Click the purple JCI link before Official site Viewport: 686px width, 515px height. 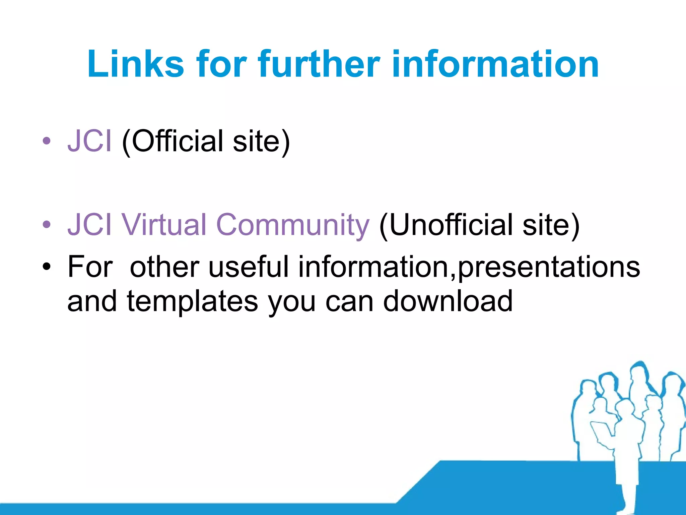click(x=89, y=141)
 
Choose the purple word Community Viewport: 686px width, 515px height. click(x=293, y=225)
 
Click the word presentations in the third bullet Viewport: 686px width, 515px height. click(x=549, y=267)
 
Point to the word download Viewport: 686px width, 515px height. click(x=448, y=301)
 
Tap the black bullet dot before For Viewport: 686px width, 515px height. click(x=47, y=267)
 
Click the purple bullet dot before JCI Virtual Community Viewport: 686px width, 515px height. click(x=47, y=224)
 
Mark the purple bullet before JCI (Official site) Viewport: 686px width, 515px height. click(x=47, y=141)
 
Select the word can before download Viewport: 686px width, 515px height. click(x=349, y=301)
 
